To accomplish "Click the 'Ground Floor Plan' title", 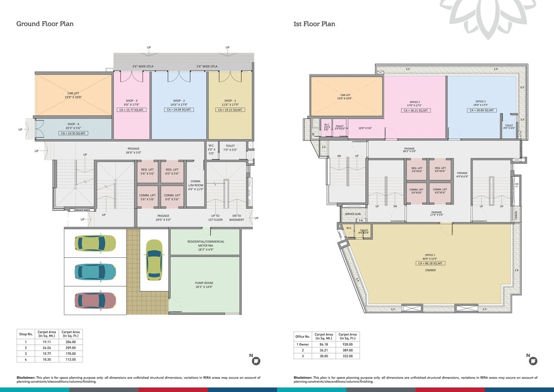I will point(45,23).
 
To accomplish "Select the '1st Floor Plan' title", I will point(314,23).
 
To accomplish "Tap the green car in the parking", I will point(95,243).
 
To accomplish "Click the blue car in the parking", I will point(95,272).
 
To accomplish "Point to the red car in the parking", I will point(95,300).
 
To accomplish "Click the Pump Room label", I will point(204,285).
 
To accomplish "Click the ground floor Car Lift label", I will point(73,95).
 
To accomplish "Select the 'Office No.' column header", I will point(302,337).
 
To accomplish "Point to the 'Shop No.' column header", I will point(26,334).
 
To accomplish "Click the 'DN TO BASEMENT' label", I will point(236,218).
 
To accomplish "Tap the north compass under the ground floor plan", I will point(256,361).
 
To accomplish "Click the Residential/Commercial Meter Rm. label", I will point(204,243).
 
